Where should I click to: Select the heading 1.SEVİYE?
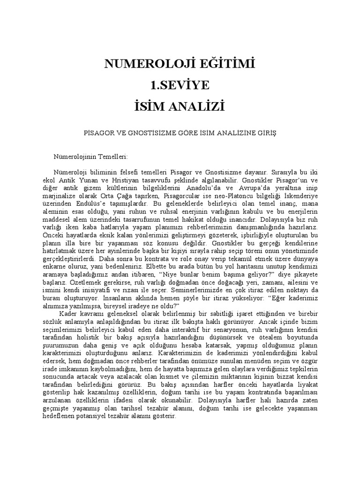coord(180,85)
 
